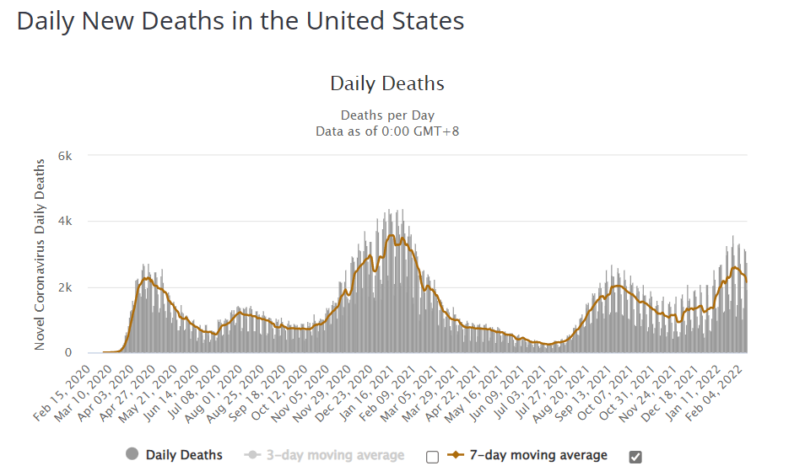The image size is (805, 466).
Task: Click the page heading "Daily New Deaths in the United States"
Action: coord(240,21)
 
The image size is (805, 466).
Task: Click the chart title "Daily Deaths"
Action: coord(386,83)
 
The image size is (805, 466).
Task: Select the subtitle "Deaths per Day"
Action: coord(387,115)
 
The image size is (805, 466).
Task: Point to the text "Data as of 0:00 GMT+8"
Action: coord(387,131)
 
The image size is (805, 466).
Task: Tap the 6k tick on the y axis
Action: coord(65,156)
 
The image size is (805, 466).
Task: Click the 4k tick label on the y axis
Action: coord(65,222)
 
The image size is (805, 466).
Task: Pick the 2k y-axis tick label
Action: coord(65,287)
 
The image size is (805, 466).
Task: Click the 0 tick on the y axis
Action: coord(69,353)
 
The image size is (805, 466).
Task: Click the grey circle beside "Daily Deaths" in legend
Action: coord(132,455)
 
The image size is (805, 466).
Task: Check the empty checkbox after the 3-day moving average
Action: coord(433,457)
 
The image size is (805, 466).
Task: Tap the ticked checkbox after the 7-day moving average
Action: coord(635,457)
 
